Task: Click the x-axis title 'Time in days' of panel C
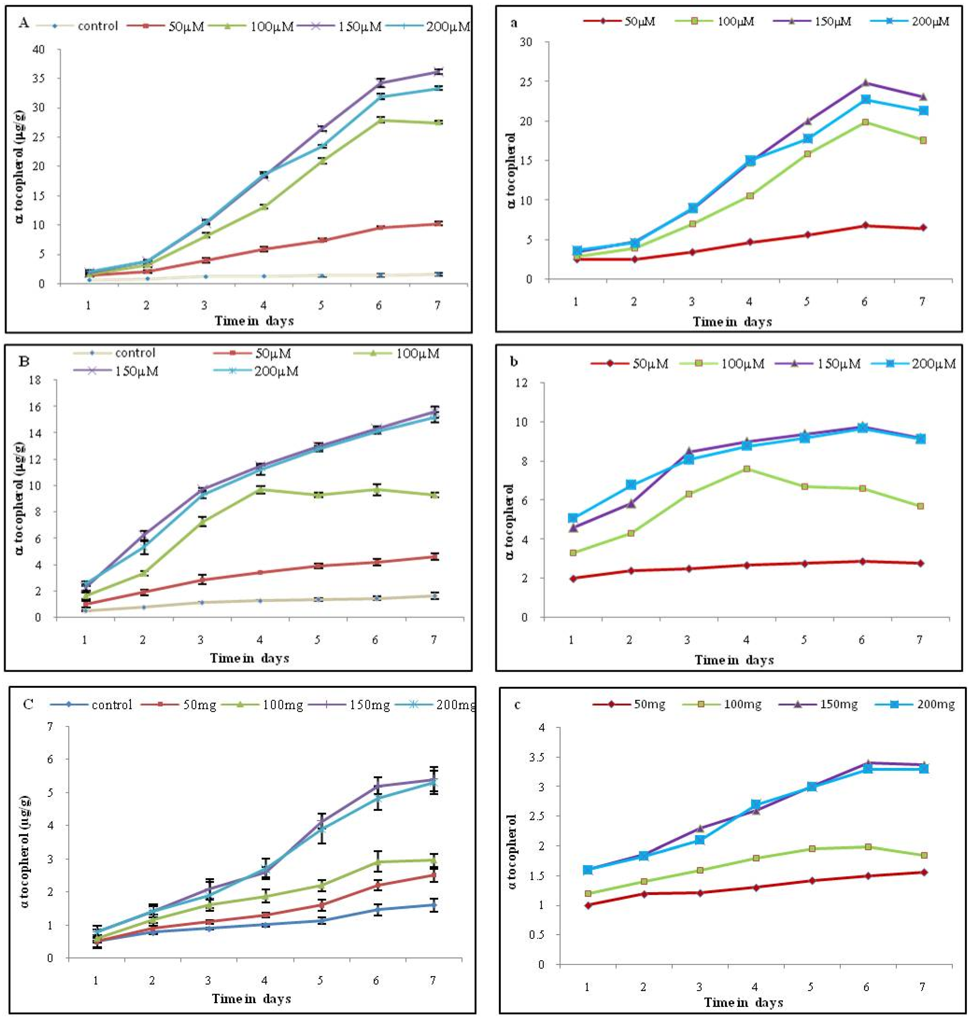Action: click(251, 998)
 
